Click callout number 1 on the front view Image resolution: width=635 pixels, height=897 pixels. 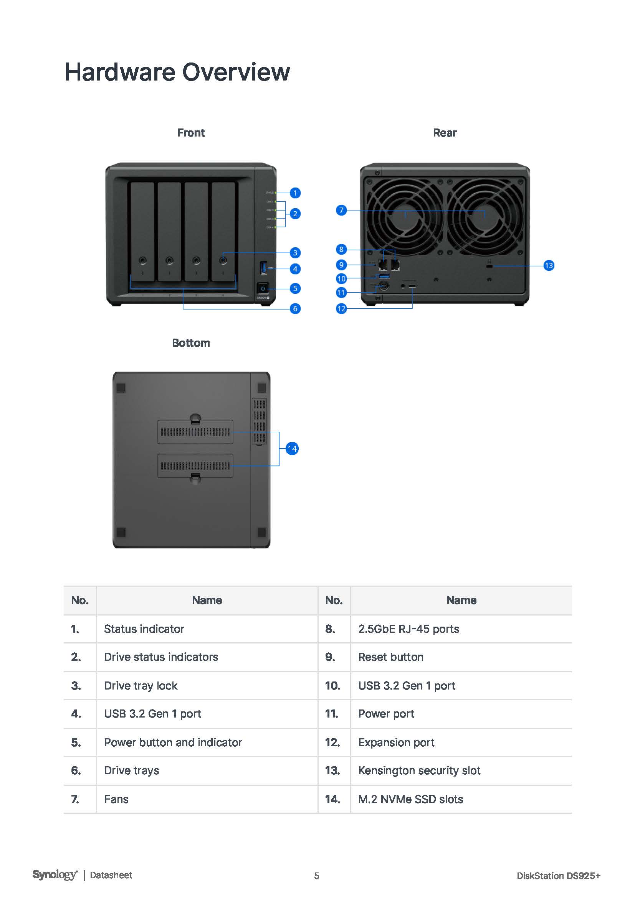coord(295,193)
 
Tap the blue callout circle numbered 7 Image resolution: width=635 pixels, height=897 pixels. coord(341,211)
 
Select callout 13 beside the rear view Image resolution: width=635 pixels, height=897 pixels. coord(549,266)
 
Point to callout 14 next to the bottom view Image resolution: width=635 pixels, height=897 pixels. coord(292,449)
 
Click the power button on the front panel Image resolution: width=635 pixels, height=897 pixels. coord(263,289)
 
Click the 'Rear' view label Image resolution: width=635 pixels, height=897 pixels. coord(445,133)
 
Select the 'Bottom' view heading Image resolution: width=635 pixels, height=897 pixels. coord(191,343)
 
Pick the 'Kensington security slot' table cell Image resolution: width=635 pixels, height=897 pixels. coord(419,770)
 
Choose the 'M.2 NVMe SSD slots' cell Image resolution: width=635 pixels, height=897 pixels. coord(410,799)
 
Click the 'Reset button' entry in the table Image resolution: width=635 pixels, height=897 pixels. coord(390,657)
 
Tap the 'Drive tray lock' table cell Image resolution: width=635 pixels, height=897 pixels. coord(141,686)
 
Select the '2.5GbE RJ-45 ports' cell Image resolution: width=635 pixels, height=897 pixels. coord(408,629)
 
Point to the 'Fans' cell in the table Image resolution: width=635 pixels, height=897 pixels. coord(116,799)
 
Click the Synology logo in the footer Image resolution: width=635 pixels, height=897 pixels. coord(55,875)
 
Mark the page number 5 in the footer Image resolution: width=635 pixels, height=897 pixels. coord(317,876)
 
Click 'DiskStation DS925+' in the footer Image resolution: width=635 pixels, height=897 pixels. coord(558,876)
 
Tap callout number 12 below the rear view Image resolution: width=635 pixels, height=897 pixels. coord(341,309)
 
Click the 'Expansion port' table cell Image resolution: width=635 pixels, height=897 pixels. coord(396,742)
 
